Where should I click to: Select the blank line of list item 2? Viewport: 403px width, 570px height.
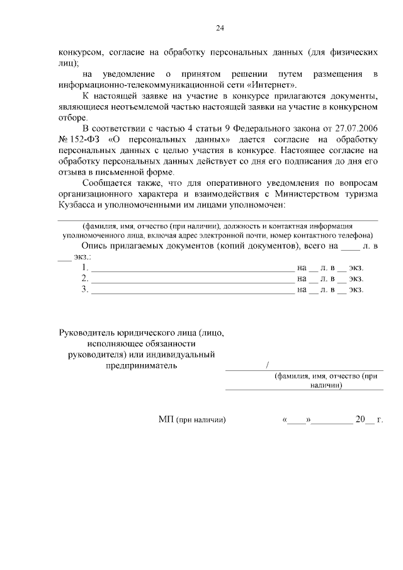pos(193,279)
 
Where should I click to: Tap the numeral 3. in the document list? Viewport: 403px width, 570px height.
pos(85,290)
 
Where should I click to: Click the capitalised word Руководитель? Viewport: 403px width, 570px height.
pos(91,332)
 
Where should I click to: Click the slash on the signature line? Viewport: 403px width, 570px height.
pos(268,365)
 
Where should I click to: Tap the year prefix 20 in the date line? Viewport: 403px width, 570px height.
pos(361,419)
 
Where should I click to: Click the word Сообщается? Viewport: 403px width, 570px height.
pos(107,183)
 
